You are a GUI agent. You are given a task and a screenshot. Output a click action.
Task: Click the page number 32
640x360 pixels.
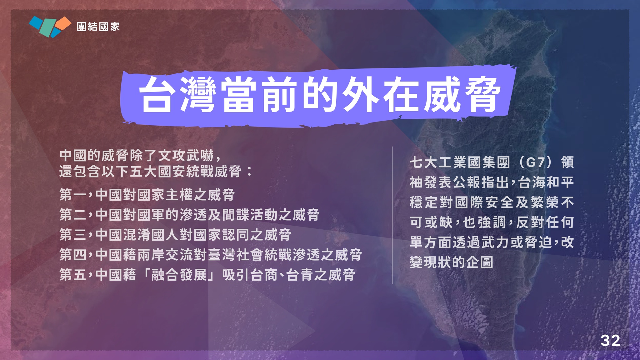pos(610,341)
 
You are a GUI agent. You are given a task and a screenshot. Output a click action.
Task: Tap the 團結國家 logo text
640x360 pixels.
pos(98,27)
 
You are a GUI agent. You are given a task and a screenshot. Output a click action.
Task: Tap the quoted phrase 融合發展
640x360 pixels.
pos(179,275)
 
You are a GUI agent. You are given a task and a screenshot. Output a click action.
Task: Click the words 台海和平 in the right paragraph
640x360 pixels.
pos(546,182)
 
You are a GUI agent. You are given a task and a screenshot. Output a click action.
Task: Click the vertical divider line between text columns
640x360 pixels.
pos(392,215)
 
